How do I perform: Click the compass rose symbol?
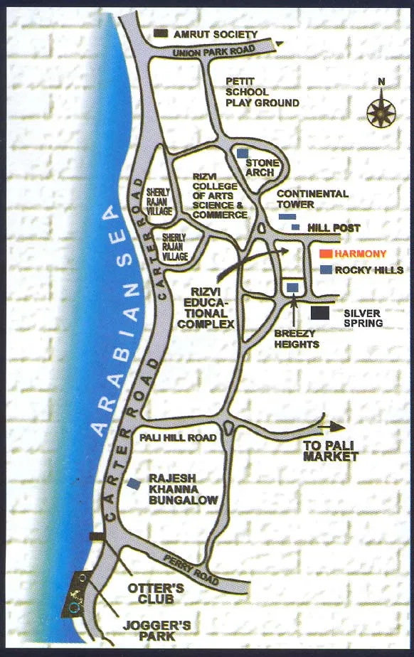[382, 112]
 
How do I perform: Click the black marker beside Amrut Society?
[161, 33]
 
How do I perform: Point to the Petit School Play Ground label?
[262, 92]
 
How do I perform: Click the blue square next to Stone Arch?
[243, 154]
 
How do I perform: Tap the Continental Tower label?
[312, 198]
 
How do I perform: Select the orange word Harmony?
[361, 254]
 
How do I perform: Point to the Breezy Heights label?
[297, 338]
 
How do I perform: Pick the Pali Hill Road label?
[178, 437]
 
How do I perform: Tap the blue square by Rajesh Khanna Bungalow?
[134, 484]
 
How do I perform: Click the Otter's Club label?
[156, 593]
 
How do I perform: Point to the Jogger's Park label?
[166, 631]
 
